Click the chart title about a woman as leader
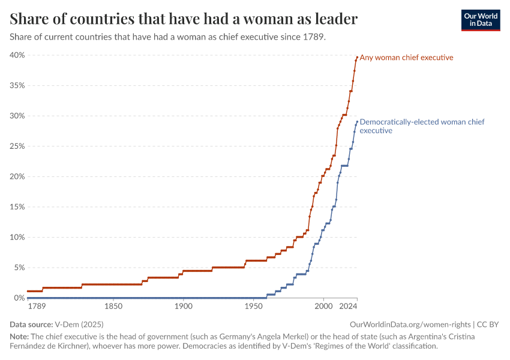pyautogui.click(x=184, y=19)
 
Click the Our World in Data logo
pyautogui.click(x=481, y=20)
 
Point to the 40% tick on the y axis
pyautogui.click(x=17, y=55)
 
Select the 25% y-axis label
pyautogui.click(x=17, y=146)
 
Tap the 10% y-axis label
pyautogui.click(x=17, y=238)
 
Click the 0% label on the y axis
pyautogui.click(x=19, y=298)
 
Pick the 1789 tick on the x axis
pyautogui.click(x=36, y=307)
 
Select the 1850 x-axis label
pyautogui.click(x=113, y=307)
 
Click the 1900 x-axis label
pyautogui.click(x=183, y=307)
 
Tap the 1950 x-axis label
pyautogui.click(x=253, y=307)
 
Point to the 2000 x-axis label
pyautogui.click(x=323, y=307)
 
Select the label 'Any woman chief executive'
pyautogui.click(x=406, y=58)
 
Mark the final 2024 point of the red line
pyautogui.click(x=357, y=58)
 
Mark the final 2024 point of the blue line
pyautogui.click(x=357, y=122)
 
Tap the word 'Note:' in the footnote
pyautogui.click(x=19, y=337)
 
